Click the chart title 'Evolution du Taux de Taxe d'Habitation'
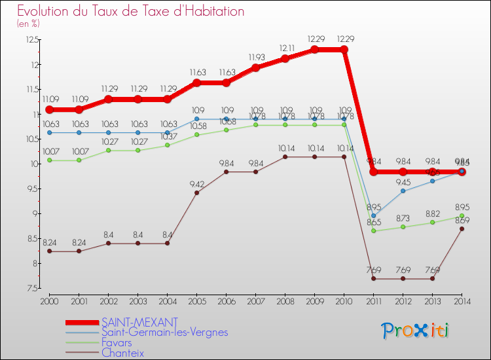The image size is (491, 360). (x=131, y=12)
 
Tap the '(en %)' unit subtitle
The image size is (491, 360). (x=28, y=24)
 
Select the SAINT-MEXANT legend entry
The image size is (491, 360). (x=139, y=322)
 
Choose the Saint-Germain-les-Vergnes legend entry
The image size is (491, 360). (x=164, y=333)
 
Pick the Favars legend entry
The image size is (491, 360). (x=117, y=342)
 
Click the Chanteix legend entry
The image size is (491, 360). (x=122, y=353)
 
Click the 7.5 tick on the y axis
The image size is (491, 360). (x=31, y=288)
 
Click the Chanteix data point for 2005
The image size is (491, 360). (x=196, y=192)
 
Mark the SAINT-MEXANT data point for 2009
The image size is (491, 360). (x=314, y=50)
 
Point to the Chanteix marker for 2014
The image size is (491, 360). (x=462, y=228)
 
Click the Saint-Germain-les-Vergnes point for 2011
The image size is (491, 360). (x=373, y=216)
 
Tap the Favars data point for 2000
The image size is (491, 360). (x=49, y=160)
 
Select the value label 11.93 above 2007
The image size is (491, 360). (x=255, y=57)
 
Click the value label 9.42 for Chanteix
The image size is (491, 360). (x=196, y=183)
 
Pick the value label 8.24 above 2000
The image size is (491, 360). (x=49, y=242)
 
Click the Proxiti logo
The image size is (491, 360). (x=416, y=331)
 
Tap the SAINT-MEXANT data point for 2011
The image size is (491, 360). (x=373, y=171)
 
